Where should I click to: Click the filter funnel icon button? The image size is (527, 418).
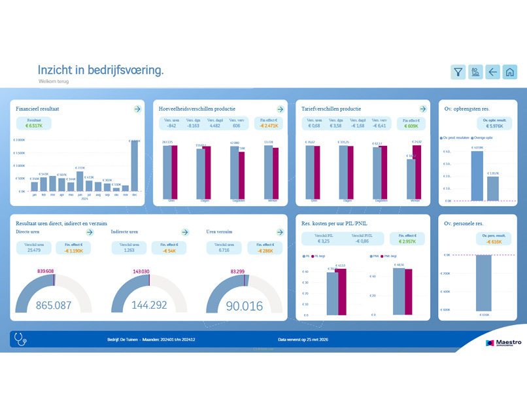click(458, 72)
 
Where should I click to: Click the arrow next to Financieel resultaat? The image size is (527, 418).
click(137, 109)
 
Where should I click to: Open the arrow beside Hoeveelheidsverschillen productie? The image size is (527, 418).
click(280, 109)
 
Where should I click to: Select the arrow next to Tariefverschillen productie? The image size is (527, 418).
click(423, 109)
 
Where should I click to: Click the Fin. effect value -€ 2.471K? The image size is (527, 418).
click(269, 126)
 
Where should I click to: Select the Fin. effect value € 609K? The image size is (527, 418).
click(411, 126)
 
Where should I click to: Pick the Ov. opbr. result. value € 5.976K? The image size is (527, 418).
click(495, 126)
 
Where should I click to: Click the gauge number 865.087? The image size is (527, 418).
click(54, 305)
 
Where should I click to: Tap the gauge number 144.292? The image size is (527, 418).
click(149, 305)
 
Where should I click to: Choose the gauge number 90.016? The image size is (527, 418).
click(244, 305)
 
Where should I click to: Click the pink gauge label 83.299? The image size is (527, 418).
click(243, 271)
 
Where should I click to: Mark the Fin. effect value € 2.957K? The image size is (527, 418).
click(407, 241)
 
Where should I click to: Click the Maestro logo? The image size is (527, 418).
click(503, 342)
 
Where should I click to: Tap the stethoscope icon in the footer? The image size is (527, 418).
click(20, 339)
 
